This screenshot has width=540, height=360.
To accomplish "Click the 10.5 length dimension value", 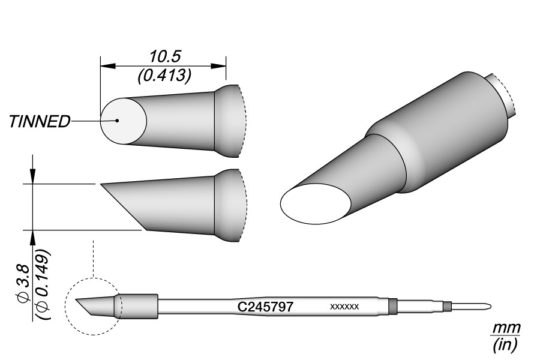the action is click(x=164, y=56).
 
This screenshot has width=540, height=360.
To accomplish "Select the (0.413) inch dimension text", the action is click(x=164, y=76).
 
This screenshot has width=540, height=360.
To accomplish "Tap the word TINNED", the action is click(x=39, y=122).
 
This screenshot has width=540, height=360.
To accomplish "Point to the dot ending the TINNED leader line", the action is click(x=118, y=121).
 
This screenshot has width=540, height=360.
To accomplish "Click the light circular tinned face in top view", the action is click(x=124, y=121).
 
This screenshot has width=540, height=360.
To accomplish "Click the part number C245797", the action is click(x=266, y=306).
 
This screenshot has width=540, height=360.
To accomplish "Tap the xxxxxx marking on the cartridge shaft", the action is click(x=344, y=306).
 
